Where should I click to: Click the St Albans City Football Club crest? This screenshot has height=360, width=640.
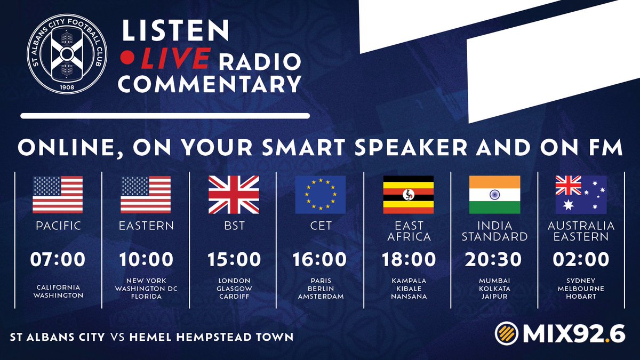point(67,54)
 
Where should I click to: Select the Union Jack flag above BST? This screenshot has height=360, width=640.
point(234,195)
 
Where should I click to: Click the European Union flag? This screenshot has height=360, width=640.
point(321,195)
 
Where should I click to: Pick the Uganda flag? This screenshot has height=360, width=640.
point(409,195)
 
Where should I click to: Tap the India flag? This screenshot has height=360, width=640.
point(494,195)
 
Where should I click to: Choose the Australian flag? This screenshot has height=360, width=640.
point(581,195)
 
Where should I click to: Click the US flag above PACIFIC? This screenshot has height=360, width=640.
point(58,195)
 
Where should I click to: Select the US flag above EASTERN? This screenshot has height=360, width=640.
point(146,195)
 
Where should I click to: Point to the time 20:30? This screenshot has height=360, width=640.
point(493,259)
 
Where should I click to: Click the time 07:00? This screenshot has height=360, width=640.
point(58,259)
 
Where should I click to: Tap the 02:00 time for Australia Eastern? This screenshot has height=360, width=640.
point(581,259)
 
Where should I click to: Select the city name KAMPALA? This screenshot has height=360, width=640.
point(409,281)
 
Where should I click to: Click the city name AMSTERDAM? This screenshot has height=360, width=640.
point(321,297)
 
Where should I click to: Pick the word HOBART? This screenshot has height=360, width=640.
point(581,297)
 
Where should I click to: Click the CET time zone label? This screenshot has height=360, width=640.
point(321,226)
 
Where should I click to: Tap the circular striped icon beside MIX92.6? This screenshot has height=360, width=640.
point(507,333)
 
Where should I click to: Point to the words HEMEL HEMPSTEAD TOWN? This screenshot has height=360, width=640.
point(211,337)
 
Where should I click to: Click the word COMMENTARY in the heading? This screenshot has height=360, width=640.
point(210,84)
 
